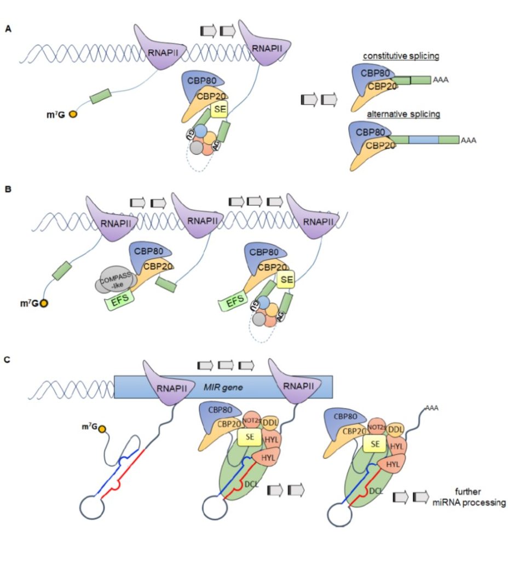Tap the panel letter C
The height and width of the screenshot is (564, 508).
(x=8, y=361)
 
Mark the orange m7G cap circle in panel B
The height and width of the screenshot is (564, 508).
(x=43, y=302)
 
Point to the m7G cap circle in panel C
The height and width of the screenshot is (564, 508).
(x=102, y=428)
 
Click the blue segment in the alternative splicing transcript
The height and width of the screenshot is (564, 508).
(x=416, y=140)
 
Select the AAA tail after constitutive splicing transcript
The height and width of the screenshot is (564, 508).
(x=440, y=79)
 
